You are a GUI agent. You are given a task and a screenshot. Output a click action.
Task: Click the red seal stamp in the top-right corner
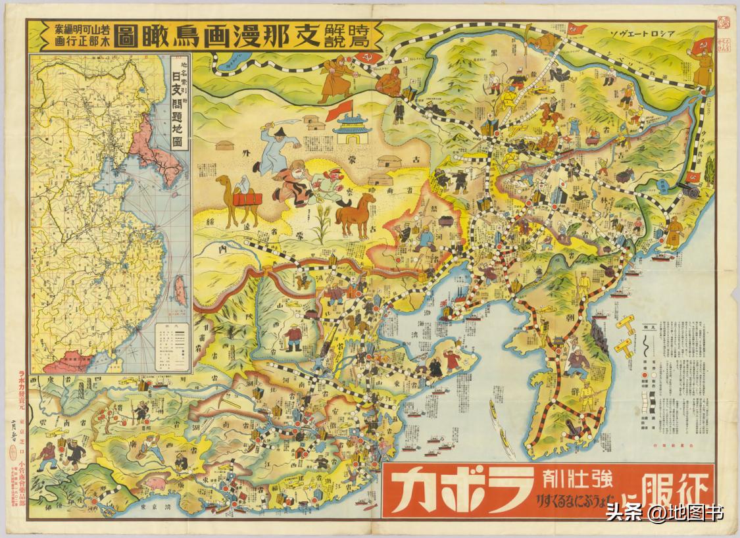click(724, 24)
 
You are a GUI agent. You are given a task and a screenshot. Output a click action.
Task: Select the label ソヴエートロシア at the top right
click(652, 32)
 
